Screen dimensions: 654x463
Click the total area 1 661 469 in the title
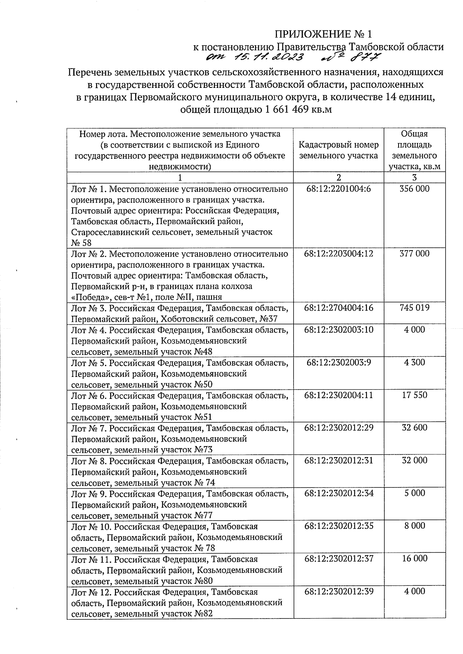click(x=286, y=109)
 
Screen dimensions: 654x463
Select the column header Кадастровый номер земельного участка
click(x=338, y=150)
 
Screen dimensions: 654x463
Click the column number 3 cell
click(x=414, y=178)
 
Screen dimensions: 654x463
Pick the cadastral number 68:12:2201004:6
click(x=338, y=189)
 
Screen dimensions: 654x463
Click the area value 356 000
click(x=414, y=189)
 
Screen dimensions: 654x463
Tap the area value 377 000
click(x=414, y=254)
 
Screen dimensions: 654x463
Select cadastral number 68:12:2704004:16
click(x=338, y=308)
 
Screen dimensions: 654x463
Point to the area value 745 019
click(x=414, y=308)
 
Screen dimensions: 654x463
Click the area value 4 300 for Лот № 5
click(x=414, y=362)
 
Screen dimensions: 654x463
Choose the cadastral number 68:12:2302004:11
click(x=338, y=395)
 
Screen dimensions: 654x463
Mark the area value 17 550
click(x=414, y=395)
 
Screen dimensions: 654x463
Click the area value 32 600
click(x=414, y=427)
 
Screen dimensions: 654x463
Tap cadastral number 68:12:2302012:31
click(x=338, y=460)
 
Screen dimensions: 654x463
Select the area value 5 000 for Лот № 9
click(x=414, y=493)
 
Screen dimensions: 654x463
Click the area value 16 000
click(x=414, y=558)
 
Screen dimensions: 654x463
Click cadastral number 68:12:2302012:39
click(x=338, y=591)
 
